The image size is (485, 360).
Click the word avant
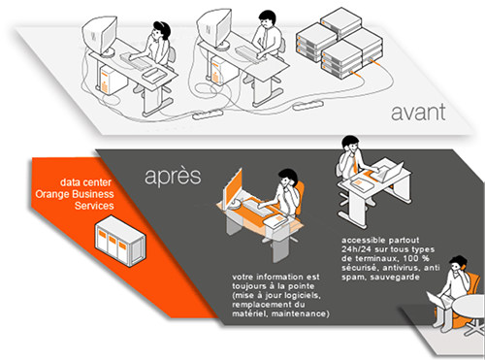point(418,112)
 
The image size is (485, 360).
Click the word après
point(173,177)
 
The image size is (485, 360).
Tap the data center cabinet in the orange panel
point(120,241)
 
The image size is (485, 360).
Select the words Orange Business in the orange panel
point(75,194)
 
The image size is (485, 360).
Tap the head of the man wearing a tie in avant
point(267,19)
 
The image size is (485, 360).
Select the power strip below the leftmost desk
point(208,114)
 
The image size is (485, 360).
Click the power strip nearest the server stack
point(308,105)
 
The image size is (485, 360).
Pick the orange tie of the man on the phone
point(355,163)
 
